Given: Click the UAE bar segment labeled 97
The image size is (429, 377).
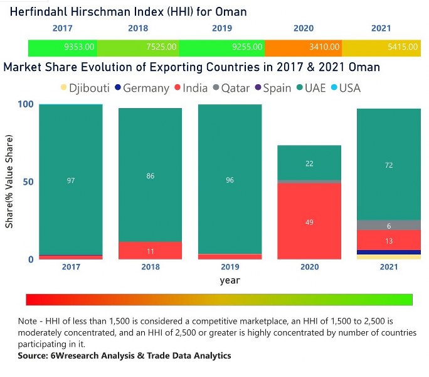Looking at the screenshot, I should coord(71,180).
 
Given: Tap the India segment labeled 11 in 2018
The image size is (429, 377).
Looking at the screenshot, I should coord(151,251).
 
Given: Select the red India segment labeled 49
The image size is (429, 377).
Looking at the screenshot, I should coord(310,221).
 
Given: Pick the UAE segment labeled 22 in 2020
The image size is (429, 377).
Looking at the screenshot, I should coord(310,163).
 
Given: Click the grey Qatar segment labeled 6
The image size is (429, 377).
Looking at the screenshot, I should coord(389,225).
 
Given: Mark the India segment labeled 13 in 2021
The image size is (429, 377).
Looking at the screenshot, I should coord(389,240).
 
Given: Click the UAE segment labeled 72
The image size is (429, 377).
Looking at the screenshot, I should coord(389,164).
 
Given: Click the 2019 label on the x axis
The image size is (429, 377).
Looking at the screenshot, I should coord(230,267).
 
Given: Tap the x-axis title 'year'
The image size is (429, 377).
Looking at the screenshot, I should coord(230,280).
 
